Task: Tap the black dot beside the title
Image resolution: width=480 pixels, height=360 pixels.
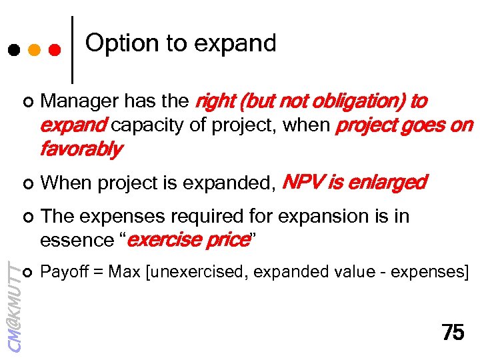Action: coord(13,49)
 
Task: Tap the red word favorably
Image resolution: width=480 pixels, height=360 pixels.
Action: coord(80,149)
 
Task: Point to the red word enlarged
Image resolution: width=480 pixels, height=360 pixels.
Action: coord(388,183)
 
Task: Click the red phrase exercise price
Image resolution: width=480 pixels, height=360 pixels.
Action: coord(187,240)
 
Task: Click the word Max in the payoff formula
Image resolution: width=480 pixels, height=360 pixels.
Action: coord(123,272)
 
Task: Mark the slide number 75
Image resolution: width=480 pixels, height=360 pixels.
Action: coord(453,333)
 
